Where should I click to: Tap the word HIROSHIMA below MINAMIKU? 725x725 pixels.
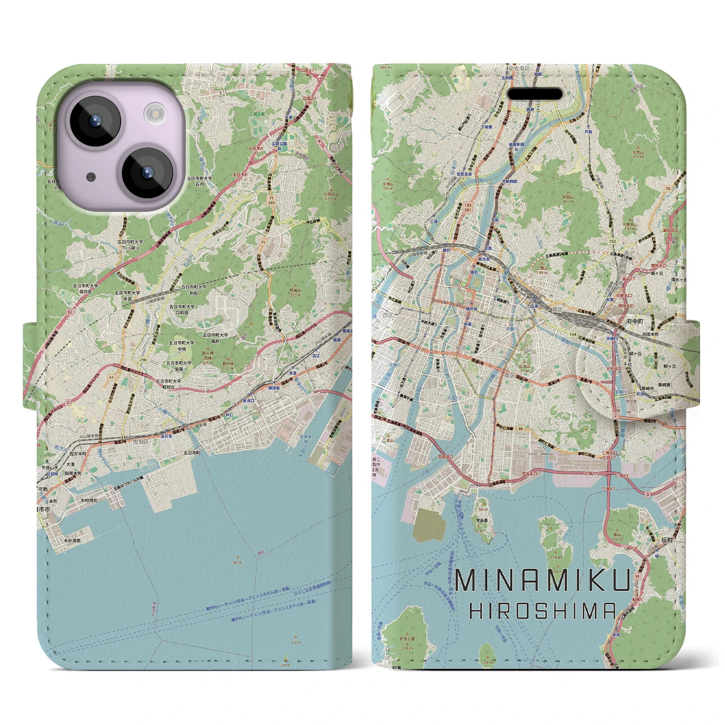point(543,611)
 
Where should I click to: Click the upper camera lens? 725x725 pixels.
point(93,121)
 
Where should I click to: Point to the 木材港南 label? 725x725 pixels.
point(72,541)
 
